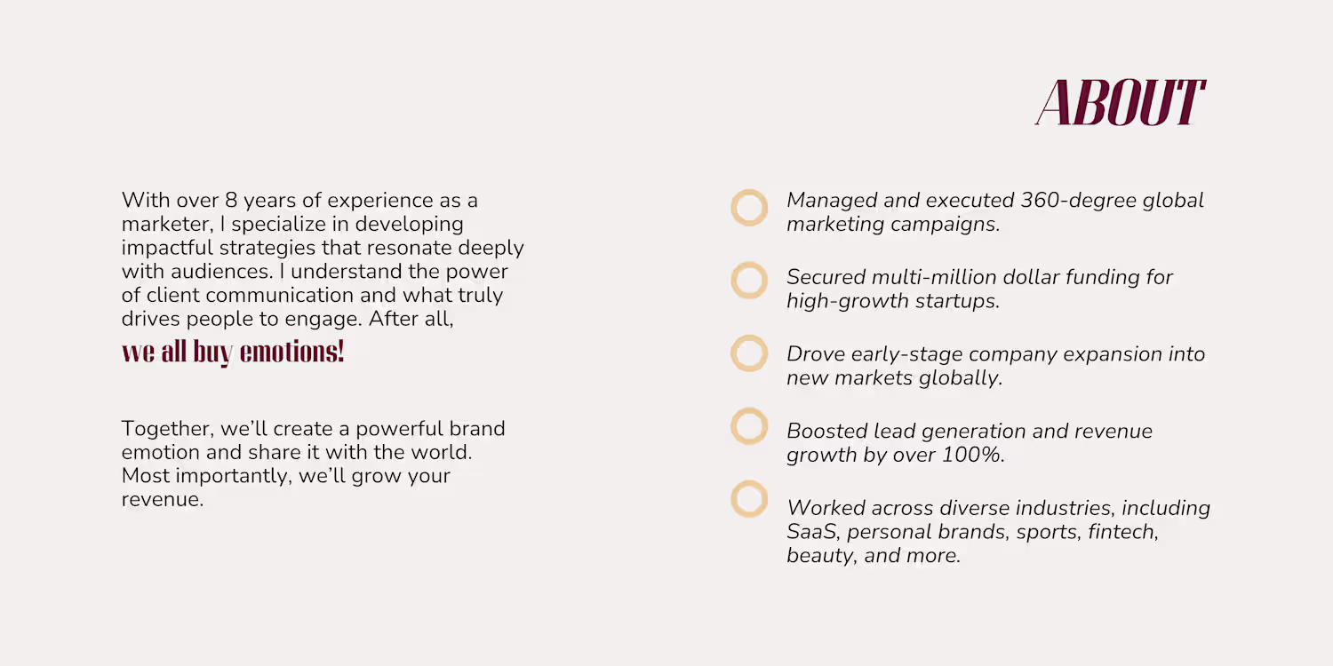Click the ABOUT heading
pyautogui.click(x=1121, y=102)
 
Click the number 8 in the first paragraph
pyautogui.click(x=231, y=201)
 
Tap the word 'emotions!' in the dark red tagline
pyautogui.click(x=292, y=352)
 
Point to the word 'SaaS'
pyautogui.click(x=811, y=532)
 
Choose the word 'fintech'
pyautogui.click(x=1121, y=532)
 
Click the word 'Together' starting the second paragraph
pyautogui.click(x=166, y=429)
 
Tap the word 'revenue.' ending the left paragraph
pyautogui.click(x=163, y=500)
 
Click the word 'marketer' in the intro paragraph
pyautogui.click(x=164, y=225)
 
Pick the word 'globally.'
pyautogui.click(x=961, y=378)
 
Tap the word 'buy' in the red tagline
pyautogui.click(x=212, y=353)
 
